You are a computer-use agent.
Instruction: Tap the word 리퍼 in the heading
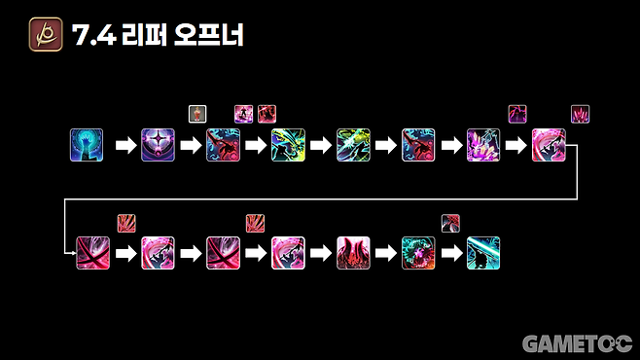coord(145,36)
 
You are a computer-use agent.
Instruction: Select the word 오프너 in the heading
coord(211,36)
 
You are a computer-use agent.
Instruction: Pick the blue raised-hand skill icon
coord(87,145)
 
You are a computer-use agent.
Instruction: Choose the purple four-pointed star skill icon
coord(158,145)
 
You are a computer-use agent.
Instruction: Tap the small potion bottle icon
coord(196,113)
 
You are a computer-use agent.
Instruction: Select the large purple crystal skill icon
coord(483,145)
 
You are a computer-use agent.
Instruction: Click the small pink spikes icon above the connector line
coord(580,113)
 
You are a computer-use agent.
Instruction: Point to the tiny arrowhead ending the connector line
coord(73,252)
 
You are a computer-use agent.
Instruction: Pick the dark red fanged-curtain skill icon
coord(353,253)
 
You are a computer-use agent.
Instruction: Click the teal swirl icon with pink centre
coord(418,253)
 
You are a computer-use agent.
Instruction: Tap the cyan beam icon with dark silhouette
coord(483,253)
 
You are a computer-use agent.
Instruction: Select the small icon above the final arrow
coord(449,221)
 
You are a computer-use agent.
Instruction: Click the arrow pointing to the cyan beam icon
coord(450,253)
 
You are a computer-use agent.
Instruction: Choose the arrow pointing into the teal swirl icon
coord(385,253)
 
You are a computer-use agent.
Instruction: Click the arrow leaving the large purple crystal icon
coord(516,146)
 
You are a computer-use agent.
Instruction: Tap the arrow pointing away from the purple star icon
coord(190,146)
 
